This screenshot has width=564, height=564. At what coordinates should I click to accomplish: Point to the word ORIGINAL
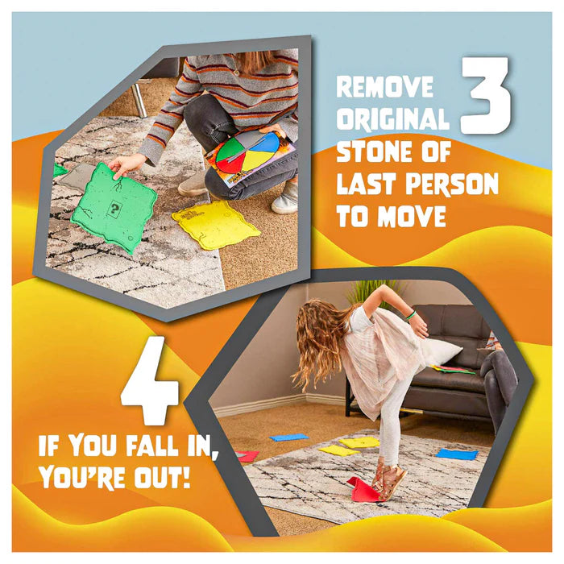pyautogui.click(x=393, y=119)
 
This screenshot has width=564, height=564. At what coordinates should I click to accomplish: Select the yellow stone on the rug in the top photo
pyautogui.click(x=216, y=226)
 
